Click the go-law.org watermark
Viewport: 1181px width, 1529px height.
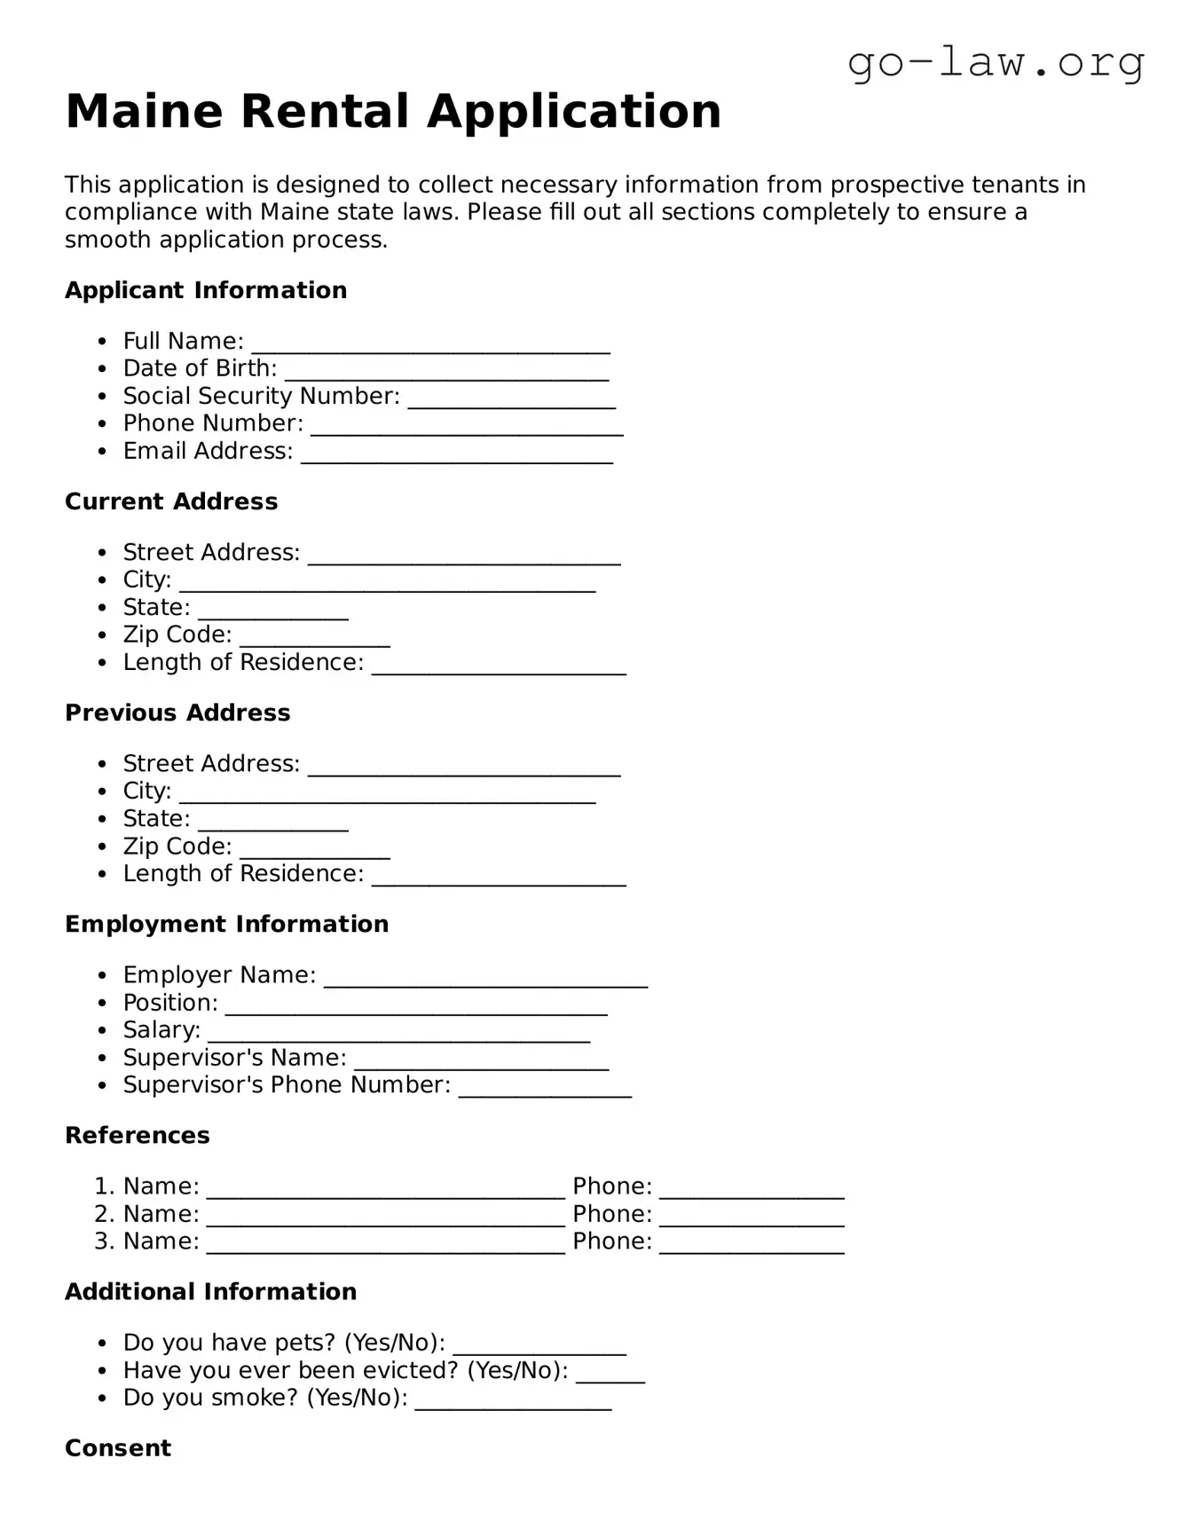996,63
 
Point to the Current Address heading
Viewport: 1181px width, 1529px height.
171,501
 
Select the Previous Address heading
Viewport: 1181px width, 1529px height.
177,713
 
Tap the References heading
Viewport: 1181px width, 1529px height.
138,1135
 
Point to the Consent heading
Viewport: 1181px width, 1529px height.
118,1447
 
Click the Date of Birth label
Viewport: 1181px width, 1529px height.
200,368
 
